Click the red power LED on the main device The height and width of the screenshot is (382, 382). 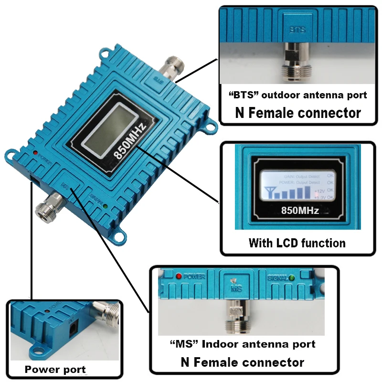[36, 153]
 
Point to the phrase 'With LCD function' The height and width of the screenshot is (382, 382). [297, 243]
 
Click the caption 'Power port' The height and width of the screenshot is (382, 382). [55, 369]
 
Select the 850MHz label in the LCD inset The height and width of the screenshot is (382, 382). [300, 209]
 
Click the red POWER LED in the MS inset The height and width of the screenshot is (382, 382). [179, 276]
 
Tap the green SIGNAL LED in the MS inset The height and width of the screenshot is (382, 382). [291, 277]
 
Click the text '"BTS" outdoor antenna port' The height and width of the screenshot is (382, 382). [298, 95]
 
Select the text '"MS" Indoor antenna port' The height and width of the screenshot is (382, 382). [243, 344]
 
